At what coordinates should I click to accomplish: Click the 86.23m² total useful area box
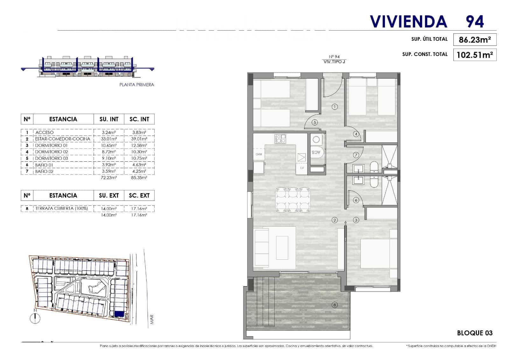(475, 40)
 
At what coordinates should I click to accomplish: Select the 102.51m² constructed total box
(475, 55)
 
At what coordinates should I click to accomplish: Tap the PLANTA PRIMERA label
(136, 85)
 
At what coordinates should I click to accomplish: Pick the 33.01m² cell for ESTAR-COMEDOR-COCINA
(109, 139)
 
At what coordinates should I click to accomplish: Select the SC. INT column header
(139, 119)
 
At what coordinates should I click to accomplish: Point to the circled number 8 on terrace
(334, 305)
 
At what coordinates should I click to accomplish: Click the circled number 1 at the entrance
(334, 107)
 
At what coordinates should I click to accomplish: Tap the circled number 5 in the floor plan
(315, 122)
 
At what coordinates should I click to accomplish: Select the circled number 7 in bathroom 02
(356, 155)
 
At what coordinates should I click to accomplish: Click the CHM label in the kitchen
(259, 154)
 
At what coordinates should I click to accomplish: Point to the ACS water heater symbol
(317, 152)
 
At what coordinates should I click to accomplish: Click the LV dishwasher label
(302, 168)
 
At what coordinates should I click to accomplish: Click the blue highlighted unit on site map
(119, 314)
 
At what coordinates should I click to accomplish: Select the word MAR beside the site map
(152, 320)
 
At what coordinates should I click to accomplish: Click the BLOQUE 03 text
(475, 333)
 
